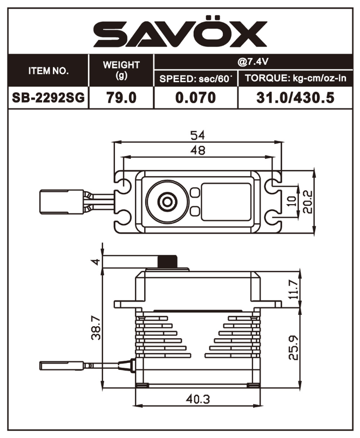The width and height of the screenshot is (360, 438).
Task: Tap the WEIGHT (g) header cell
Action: tap(121, 70)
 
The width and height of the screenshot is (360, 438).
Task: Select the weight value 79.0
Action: tap(121, 98)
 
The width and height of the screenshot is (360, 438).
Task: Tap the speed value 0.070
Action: tap(195, 98)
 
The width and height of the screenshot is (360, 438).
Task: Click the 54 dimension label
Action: tap(198, 135)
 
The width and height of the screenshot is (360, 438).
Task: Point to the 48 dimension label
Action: tap(198, 151)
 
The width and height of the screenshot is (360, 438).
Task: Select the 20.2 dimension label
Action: tap(308, 201)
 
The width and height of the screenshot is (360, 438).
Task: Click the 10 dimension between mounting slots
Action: tap(292, 201)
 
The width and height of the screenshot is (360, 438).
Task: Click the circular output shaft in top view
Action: tap(166, 201)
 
